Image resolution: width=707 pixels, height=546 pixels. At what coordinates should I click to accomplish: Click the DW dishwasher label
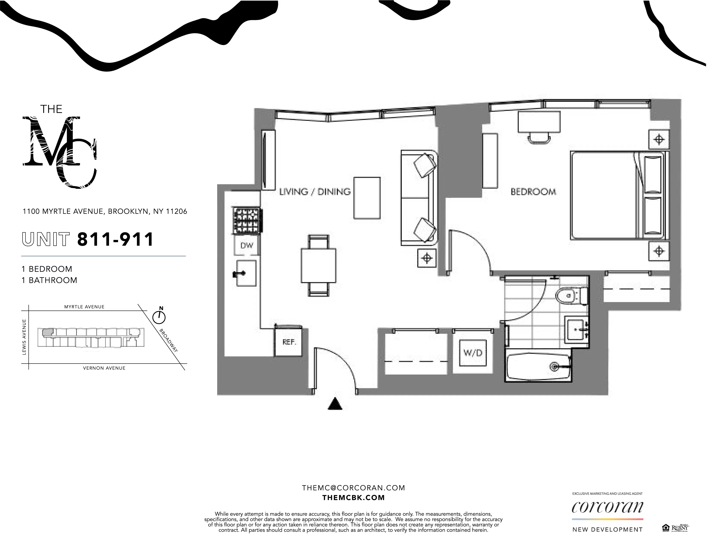(247, 246)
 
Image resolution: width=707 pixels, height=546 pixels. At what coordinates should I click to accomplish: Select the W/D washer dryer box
(473, 353)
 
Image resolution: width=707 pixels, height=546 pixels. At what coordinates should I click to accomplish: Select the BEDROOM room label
(533, 192)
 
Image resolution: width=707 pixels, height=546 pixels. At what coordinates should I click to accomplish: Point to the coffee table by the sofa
(367, 198)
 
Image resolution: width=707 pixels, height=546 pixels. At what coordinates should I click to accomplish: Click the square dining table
(318, 265)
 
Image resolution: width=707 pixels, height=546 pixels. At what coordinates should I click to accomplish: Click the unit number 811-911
(115, 240)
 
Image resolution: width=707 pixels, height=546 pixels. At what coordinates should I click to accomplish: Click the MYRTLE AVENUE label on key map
(84, 307)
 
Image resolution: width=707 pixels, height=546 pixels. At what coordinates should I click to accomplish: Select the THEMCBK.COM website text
(353, 498)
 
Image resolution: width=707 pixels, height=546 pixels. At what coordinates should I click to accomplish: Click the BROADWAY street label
(169, 340)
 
